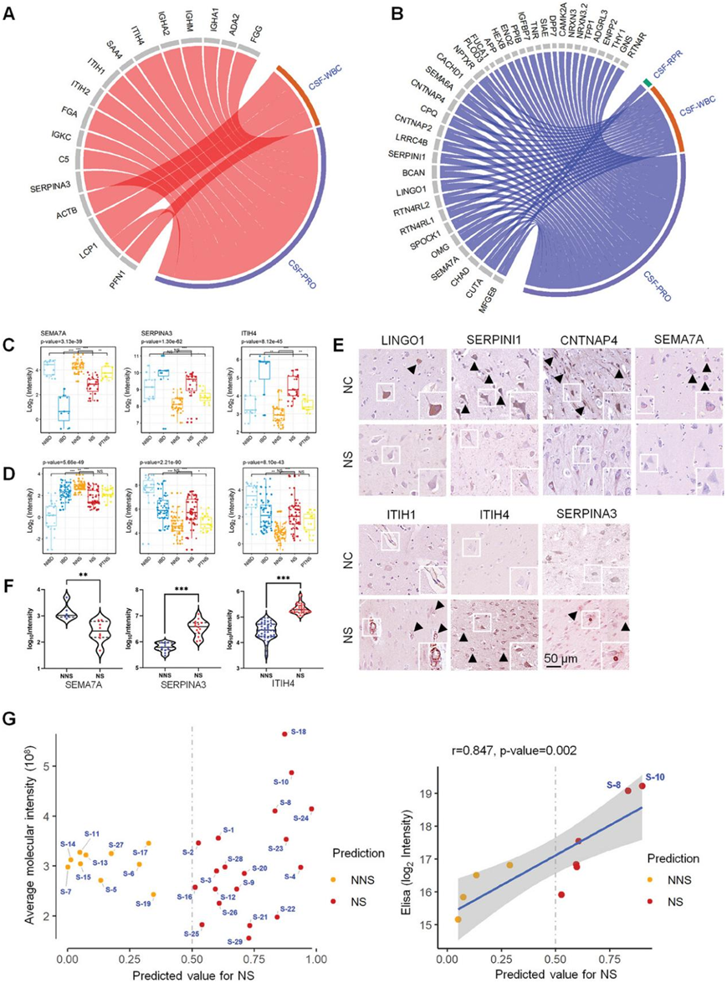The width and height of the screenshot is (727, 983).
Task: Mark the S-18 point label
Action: point(296,732)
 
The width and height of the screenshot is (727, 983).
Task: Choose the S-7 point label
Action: point(66,892)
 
